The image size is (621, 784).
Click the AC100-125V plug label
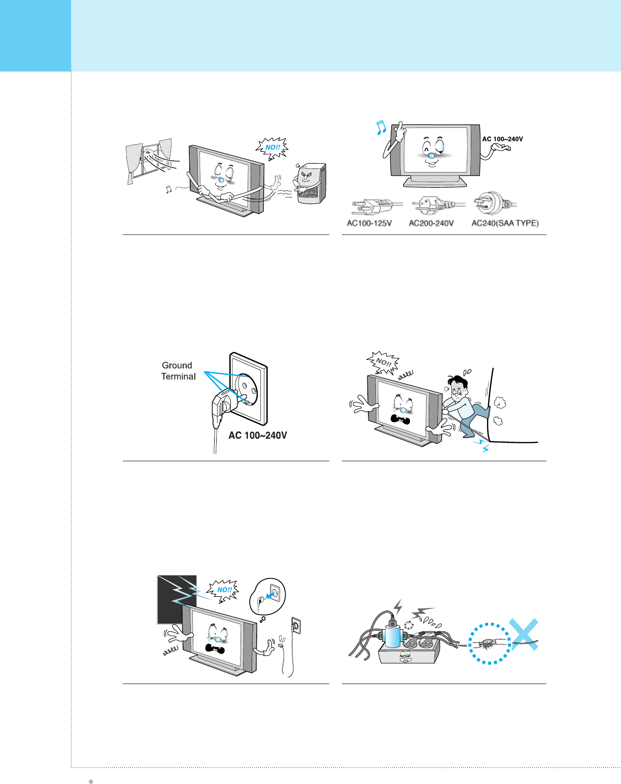click(369, 223)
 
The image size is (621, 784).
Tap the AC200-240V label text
click(431, 223)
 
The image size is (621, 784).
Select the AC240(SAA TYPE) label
click(505, 223)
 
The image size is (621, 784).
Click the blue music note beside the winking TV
click(381, 127)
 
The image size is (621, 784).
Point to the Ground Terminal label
click(178, 370)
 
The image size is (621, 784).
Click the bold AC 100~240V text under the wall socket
click(258, 435)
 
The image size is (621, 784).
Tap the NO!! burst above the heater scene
click(272, 148)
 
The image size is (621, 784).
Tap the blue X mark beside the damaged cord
click(524, 634)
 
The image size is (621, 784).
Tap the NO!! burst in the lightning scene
click(223, 590)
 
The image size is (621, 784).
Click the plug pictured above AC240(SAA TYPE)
click(494, 203)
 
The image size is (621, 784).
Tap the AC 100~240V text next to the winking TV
click(502, 139)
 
